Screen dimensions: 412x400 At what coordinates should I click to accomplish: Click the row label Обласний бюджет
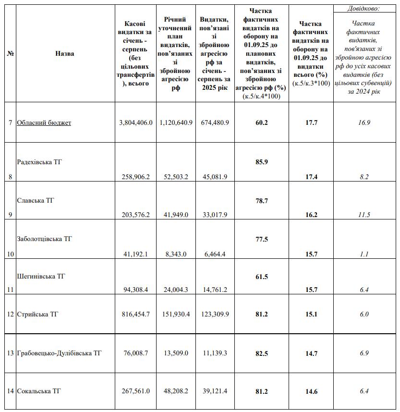pyautogui.click(x=44, y=123)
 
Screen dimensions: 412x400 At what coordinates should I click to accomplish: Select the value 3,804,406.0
pyautogui.click(x=135, y=123)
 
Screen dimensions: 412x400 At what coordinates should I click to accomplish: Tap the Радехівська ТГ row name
pyautogui.click(x=40, y=162)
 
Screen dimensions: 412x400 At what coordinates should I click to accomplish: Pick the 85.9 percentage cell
pyautogui.click(x=262, y=162)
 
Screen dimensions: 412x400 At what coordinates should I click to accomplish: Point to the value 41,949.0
pyautogui.click(x=176, y=215)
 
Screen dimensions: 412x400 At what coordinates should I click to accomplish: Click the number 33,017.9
pyautogui.click(x=214, y=215)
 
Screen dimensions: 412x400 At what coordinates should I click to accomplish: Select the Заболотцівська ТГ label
pyautogui.click(x=44, y=239)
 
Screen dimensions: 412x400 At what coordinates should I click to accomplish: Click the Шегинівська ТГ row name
pyautogui.click(x=41, y=277)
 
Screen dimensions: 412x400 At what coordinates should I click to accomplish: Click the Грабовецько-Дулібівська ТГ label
pyautogui.click(x=59, y=353)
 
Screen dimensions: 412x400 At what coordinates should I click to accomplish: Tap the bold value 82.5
pyautogui.click(x=262, y=353)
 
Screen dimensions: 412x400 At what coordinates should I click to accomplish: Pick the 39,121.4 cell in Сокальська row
pyautogui.click(x=214, y=391)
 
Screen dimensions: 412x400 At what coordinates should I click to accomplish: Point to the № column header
pyautogui.click(x=10, y=54)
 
